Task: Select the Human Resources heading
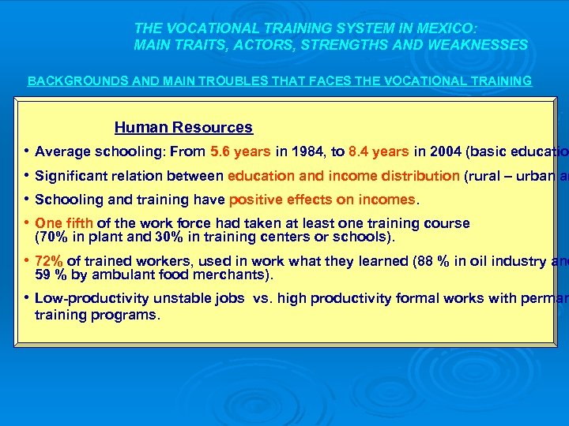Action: tap(183, 127)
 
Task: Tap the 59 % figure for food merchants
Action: tap(51, 275)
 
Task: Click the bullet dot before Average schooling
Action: tap(28, 151)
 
